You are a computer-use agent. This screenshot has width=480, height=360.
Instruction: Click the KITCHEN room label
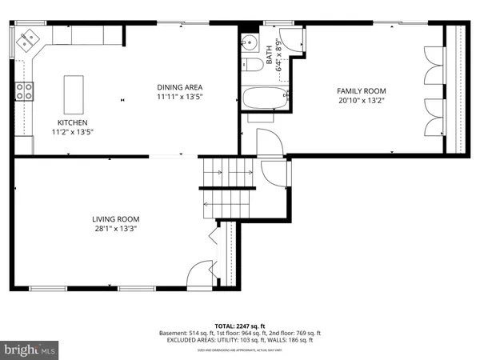[x=72, y=122]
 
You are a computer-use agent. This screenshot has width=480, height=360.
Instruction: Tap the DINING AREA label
[x=179, y=86]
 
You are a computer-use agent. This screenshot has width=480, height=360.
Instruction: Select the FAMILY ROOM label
[x=361, y=90]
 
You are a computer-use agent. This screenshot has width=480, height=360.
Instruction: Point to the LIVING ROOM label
[x=116, y=218]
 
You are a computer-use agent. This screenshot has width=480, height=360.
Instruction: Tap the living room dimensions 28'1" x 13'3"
[x=116, y=228]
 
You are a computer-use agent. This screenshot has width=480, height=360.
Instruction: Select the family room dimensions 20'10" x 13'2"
[x=361, y=101]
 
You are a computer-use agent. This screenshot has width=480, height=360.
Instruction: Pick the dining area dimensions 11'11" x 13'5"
[x=179, y=97]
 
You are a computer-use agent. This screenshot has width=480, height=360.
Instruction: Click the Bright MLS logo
[x=31, y=350]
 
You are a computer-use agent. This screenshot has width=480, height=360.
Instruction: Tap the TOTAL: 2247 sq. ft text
[x=239, y=325]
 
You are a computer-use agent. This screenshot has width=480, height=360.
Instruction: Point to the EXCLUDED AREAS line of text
[x=239, y=339]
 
